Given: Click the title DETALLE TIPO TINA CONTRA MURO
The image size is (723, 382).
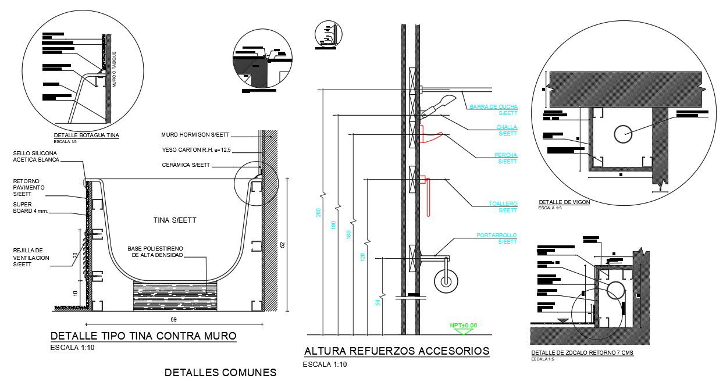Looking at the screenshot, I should [143, 336].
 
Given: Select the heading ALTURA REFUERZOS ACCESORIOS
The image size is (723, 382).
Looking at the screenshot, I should [397, 351].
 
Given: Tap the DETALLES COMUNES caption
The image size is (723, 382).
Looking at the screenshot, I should [220, 372].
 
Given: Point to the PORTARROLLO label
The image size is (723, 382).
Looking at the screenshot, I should [496, 238].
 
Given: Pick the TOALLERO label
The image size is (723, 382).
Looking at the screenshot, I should [503, 207].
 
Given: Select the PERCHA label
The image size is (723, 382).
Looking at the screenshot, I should [505, 158].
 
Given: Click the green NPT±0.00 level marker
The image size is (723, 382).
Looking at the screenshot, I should [463, 326].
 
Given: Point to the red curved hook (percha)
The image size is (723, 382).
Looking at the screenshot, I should [431, 137].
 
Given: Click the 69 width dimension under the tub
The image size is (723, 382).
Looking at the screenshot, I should [173, 320].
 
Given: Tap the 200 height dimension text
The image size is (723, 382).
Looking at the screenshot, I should [318, 213].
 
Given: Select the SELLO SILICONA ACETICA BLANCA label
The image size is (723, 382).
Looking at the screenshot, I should [36, 156].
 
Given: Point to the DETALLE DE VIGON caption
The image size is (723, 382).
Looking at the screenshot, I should [564, 202].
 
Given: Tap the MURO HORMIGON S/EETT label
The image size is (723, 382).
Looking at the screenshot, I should [193, 135].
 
